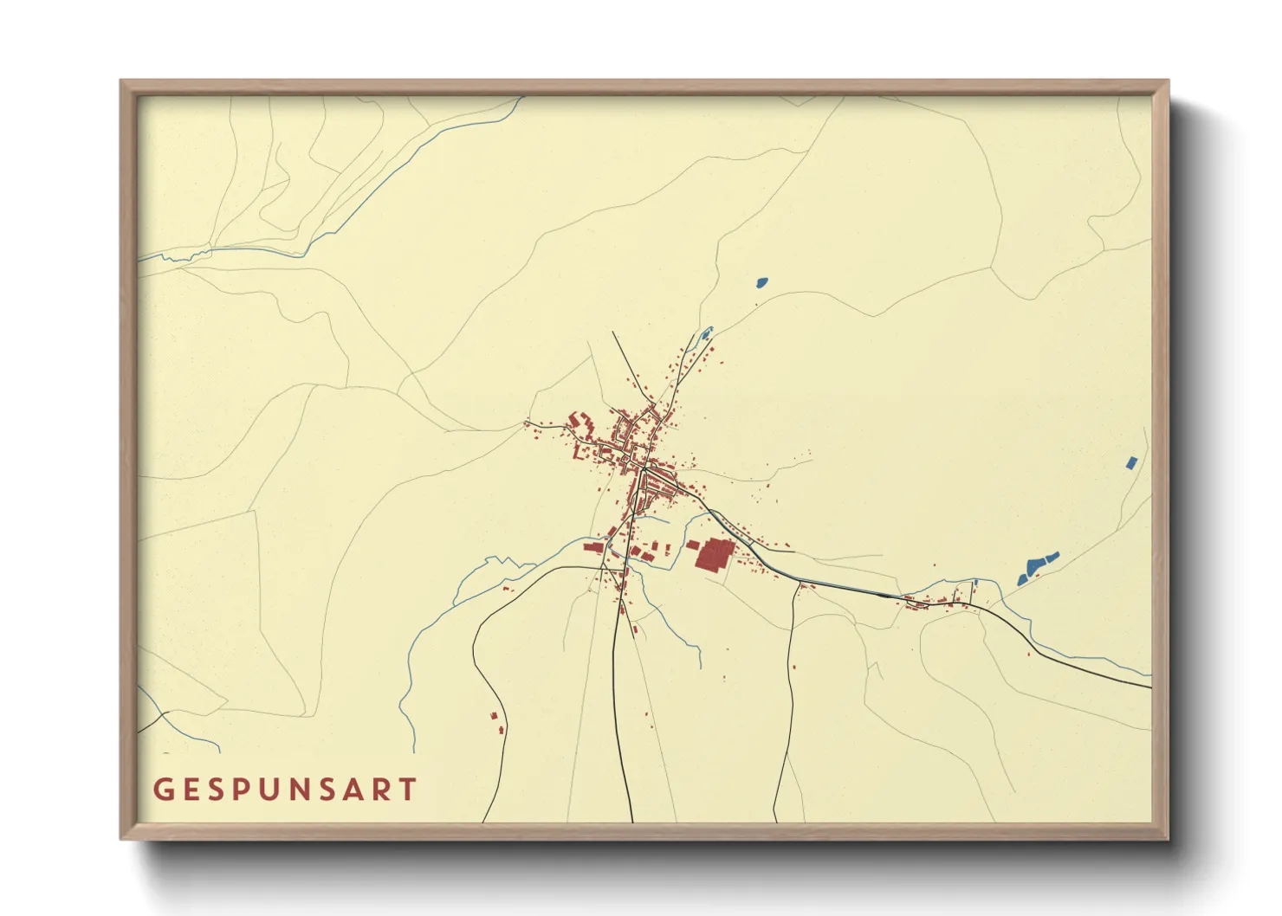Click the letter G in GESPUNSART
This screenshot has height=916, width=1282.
[x=163, y=790]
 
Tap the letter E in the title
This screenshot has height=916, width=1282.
[x=191, y=790]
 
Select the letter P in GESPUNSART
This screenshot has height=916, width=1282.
[x=244, y=790]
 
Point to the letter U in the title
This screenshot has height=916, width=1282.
[x=274, y=790]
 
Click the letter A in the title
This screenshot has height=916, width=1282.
[x=357, y=790]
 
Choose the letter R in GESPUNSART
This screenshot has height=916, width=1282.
[x=383, y=790]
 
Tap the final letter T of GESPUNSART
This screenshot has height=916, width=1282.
[x=409, y=790]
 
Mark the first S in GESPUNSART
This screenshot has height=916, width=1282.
[x=217, y=790]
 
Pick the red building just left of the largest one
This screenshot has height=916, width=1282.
[x=693, y=545]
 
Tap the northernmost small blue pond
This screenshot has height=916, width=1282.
[x=761, y=281]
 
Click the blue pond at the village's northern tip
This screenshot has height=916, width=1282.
[x=706, y=332]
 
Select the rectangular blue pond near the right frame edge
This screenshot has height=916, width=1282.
[x=1130, y=462]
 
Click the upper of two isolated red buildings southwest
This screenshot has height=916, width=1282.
[x=495, y=716]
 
